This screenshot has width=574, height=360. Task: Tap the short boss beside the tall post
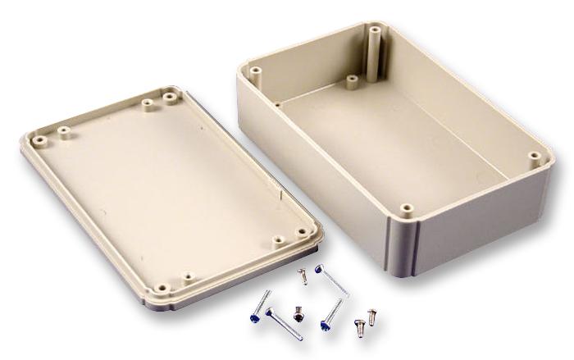pos(351,80)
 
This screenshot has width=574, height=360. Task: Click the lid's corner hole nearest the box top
pos(171,97)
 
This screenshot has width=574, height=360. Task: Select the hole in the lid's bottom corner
pos(162,288)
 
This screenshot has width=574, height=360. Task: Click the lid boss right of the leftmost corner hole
pos(61,129)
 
